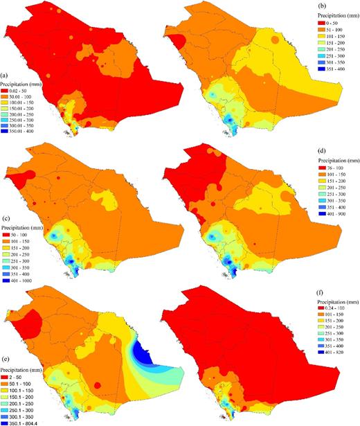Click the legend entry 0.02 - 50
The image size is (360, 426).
(x=21, y=91)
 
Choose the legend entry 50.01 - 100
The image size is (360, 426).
(x=23, y=96)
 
